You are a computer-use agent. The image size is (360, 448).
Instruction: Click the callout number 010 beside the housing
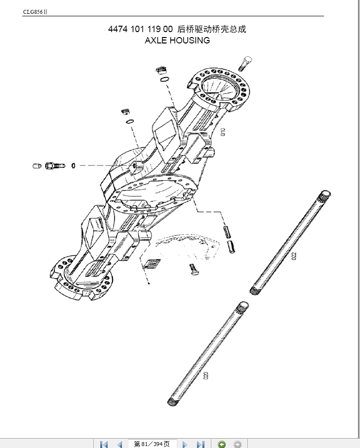(x=223, y=132)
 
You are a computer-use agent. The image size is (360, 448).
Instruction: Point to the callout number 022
(x=294, y=256)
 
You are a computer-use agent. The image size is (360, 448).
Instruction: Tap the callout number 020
(x=206, y=375)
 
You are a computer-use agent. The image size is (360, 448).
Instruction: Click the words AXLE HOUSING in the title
(x=177, y=41)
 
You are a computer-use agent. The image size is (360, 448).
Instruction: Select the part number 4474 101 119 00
(x=140, y=29)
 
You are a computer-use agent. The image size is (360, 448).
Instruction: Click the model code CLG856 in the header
(x=33, y=12)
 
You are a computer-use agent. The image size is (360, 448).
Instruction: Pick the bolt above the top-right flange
(x=245, y=64)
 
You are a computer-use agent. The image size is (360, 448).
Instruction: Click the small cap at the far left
(x=37, y=166)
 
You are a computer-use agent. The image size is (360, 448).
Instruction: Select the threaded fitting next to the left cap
(x=55, y=165)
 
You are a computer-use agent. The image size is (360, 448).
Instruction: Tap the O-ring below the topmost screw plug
(x=164, y=79)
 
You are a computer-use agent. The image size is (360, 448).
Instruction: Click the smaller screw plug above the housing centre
(x=125, y=111)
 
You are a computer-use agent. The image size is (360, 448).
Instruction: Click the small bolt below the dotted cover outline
(x=194, y=269)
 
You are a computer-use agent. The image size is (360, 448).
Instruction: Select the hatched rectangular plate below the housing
(x=152, y=264)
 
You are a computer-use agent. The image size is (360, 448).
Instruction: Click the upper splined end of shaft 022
(x=324, y=196)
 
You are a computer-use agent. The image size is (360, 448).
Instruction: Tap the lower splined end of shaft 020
(x=172, y=402)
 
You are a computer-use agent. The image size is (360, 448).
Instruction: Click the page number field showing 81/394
(x=152, y=444)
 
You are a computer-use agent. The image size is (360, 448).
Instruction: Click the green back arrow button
(x=222, y=444)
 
